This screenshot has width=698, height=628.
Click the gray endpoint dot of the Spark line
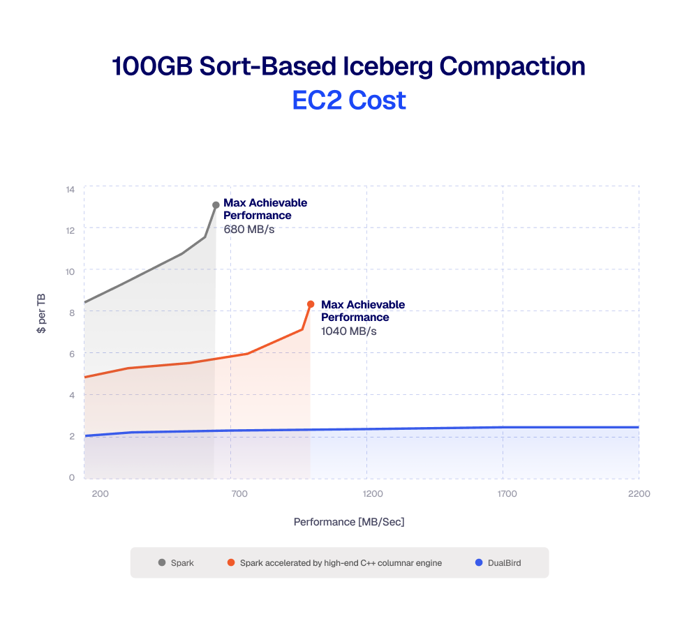pos(216,205)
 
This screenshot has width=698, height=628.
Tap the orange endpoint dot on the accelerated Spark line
pos(311,304)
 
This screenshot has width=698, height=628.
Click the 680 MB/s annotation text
pos(248,229)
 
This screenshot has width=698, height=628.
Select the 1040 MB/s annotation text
pos(348,331)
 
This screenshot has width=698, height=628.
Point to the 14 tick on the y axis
pos(70,190)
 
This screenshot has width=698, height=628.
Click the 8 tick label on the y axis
pos(71,313)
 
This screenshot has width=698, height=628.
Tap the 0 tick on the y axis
pos(71,478)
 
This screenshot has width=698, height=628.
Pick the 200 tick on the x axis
pos(100,494)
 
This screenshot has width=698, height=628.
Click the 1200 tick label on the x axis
pos(373,494)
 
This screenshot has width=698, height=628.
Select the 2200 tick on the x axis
pos(639,494)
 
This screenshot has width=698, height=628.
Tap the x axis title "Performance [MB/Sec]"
pos(349,522)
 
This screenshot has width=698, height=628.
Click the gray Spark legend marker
pos(162,562)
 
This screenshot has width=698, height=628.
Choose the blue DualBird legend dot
pos(478,562)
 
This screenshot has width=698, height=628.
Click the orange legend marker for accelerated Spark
pos(231,562)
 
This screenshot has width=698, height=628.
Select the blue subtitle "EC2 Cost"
pos(349,100)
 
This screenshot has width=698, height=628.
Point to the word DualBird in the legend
pos(505,562)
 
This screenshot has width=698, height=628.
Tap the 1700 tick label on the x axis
pos(507,494)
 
